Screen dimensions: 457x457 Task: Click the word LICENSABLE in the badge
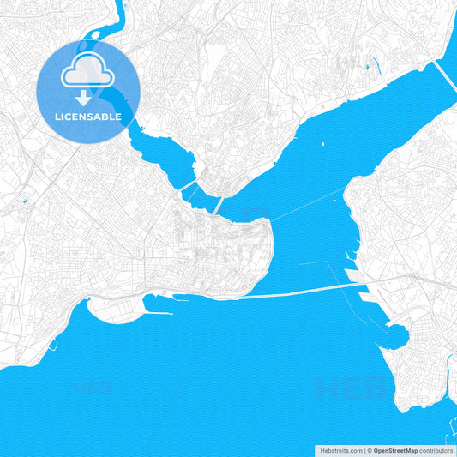tap(87, 116)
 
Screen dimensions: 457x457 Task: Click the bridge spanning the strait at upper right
tap(443, 75)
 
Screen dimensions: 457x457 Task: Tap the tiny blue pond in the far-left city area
tap(23, 202)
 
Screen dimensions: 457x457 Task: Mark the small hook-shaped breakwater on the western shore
tap(54, 346)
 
